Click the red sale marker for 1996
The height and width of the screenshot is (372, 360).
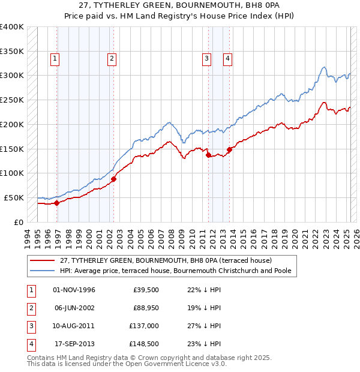(57, 203)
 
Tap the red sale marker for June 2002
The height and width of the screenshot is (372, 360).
(113, 179)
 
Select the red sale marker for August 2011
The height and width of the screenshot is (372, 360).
(208, 155)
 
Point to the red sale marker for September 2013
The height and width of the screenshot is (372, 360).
(229, 149)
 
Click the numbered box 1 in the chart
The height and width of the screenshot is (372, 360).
(55, 58)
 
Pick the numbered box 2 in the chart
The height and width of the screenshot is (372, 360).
(112, 58)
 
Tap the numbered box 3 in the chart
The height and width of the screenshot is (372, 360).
(206, 58)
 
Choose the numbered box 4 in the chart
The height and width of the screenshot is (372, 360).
(228, 58)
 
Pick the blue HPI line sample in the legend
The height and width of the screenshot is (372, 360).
(43, 271)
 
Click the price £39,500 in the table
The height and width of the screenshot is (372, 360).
(146, 290)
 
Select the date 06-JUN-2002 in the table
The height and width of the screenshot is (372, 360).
(74, 308)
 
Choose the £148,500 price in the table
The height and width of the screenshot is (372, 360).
(145, 344)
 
